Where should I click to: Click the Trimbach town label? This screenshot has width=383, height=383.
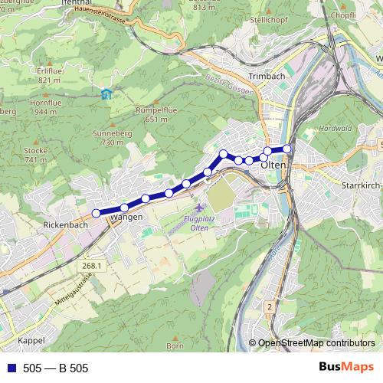coord(267,77)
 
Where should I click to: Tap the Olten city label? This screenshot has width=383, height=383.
coord(273,165)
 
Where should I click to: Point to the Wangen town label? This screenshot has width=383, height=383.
coord(126,218)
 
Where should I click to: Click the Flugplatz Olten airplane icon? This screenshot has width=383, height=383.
coord(200,208)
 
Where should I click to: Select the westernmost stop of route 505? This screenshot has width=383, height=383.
coord(97,213)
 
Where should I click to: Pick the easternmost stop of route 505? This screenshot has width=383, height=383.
coord(287,149)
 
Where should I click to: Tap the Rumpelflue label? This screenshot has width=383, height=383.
coord(151,110)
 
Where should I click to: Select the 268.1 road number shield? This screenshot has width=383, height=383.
coord(89,264)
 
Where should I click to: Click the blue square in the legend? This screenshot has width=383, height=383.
coord(8,368)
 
